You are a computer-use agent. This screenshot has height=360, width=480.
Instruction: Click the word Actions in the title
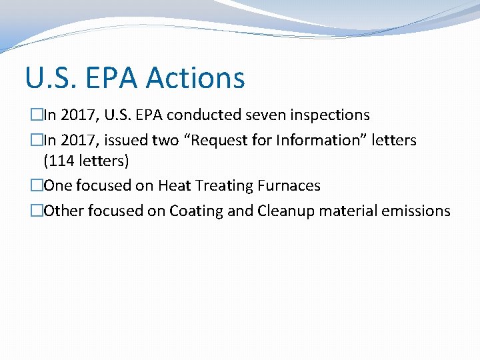tap(195, 78)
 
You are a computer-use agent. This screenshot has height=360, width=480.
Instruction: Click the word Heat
tap(174, 185)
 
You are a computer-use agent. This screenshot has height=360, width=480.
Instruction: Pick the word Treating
tap(220, 185)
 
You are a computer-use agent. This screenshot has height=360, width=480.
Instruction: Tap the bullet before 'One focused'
tap(37, 185)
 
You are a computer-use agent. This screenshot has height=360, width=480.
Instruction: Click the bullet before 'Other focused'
tap(37, 211)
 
